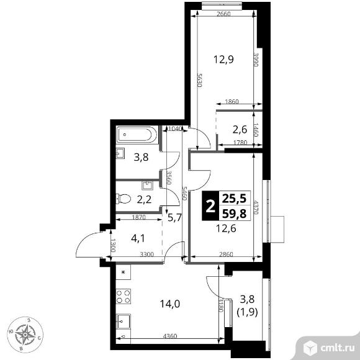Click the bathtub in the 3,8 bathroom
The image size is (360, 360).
coord(137,135)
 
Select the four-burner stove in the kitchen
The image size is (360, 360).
coord(124,296)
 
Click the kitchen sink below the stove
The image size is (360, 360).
coord(124,322)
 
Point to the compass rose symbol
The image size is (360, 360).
coord(25,335)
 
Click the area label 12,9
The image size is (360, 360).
coord(223,60)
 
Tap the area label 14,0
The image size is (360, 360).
coord(170,304)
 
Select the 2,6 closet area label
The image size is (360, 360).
coord(240,130)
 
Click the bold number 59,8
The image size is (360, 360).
coord(234,214)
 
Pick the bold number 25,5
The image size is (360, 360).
coord(234,199)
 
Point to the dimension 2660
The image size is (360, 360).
coord(223,14)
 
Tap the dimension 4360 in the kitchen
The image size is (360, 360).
coord(170,336)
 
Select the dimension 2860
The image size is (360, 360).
coord(226,254)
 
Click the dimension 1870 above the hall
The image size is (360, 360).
coord(139,217)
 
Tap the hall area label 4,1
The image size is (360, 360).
coord(138,238)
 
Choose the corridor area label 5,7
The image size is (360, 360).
coord(174,218)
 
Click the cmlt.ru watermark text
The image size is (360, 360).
coord(337,348)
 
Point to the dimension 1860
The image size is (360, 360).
coord(232,101)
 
